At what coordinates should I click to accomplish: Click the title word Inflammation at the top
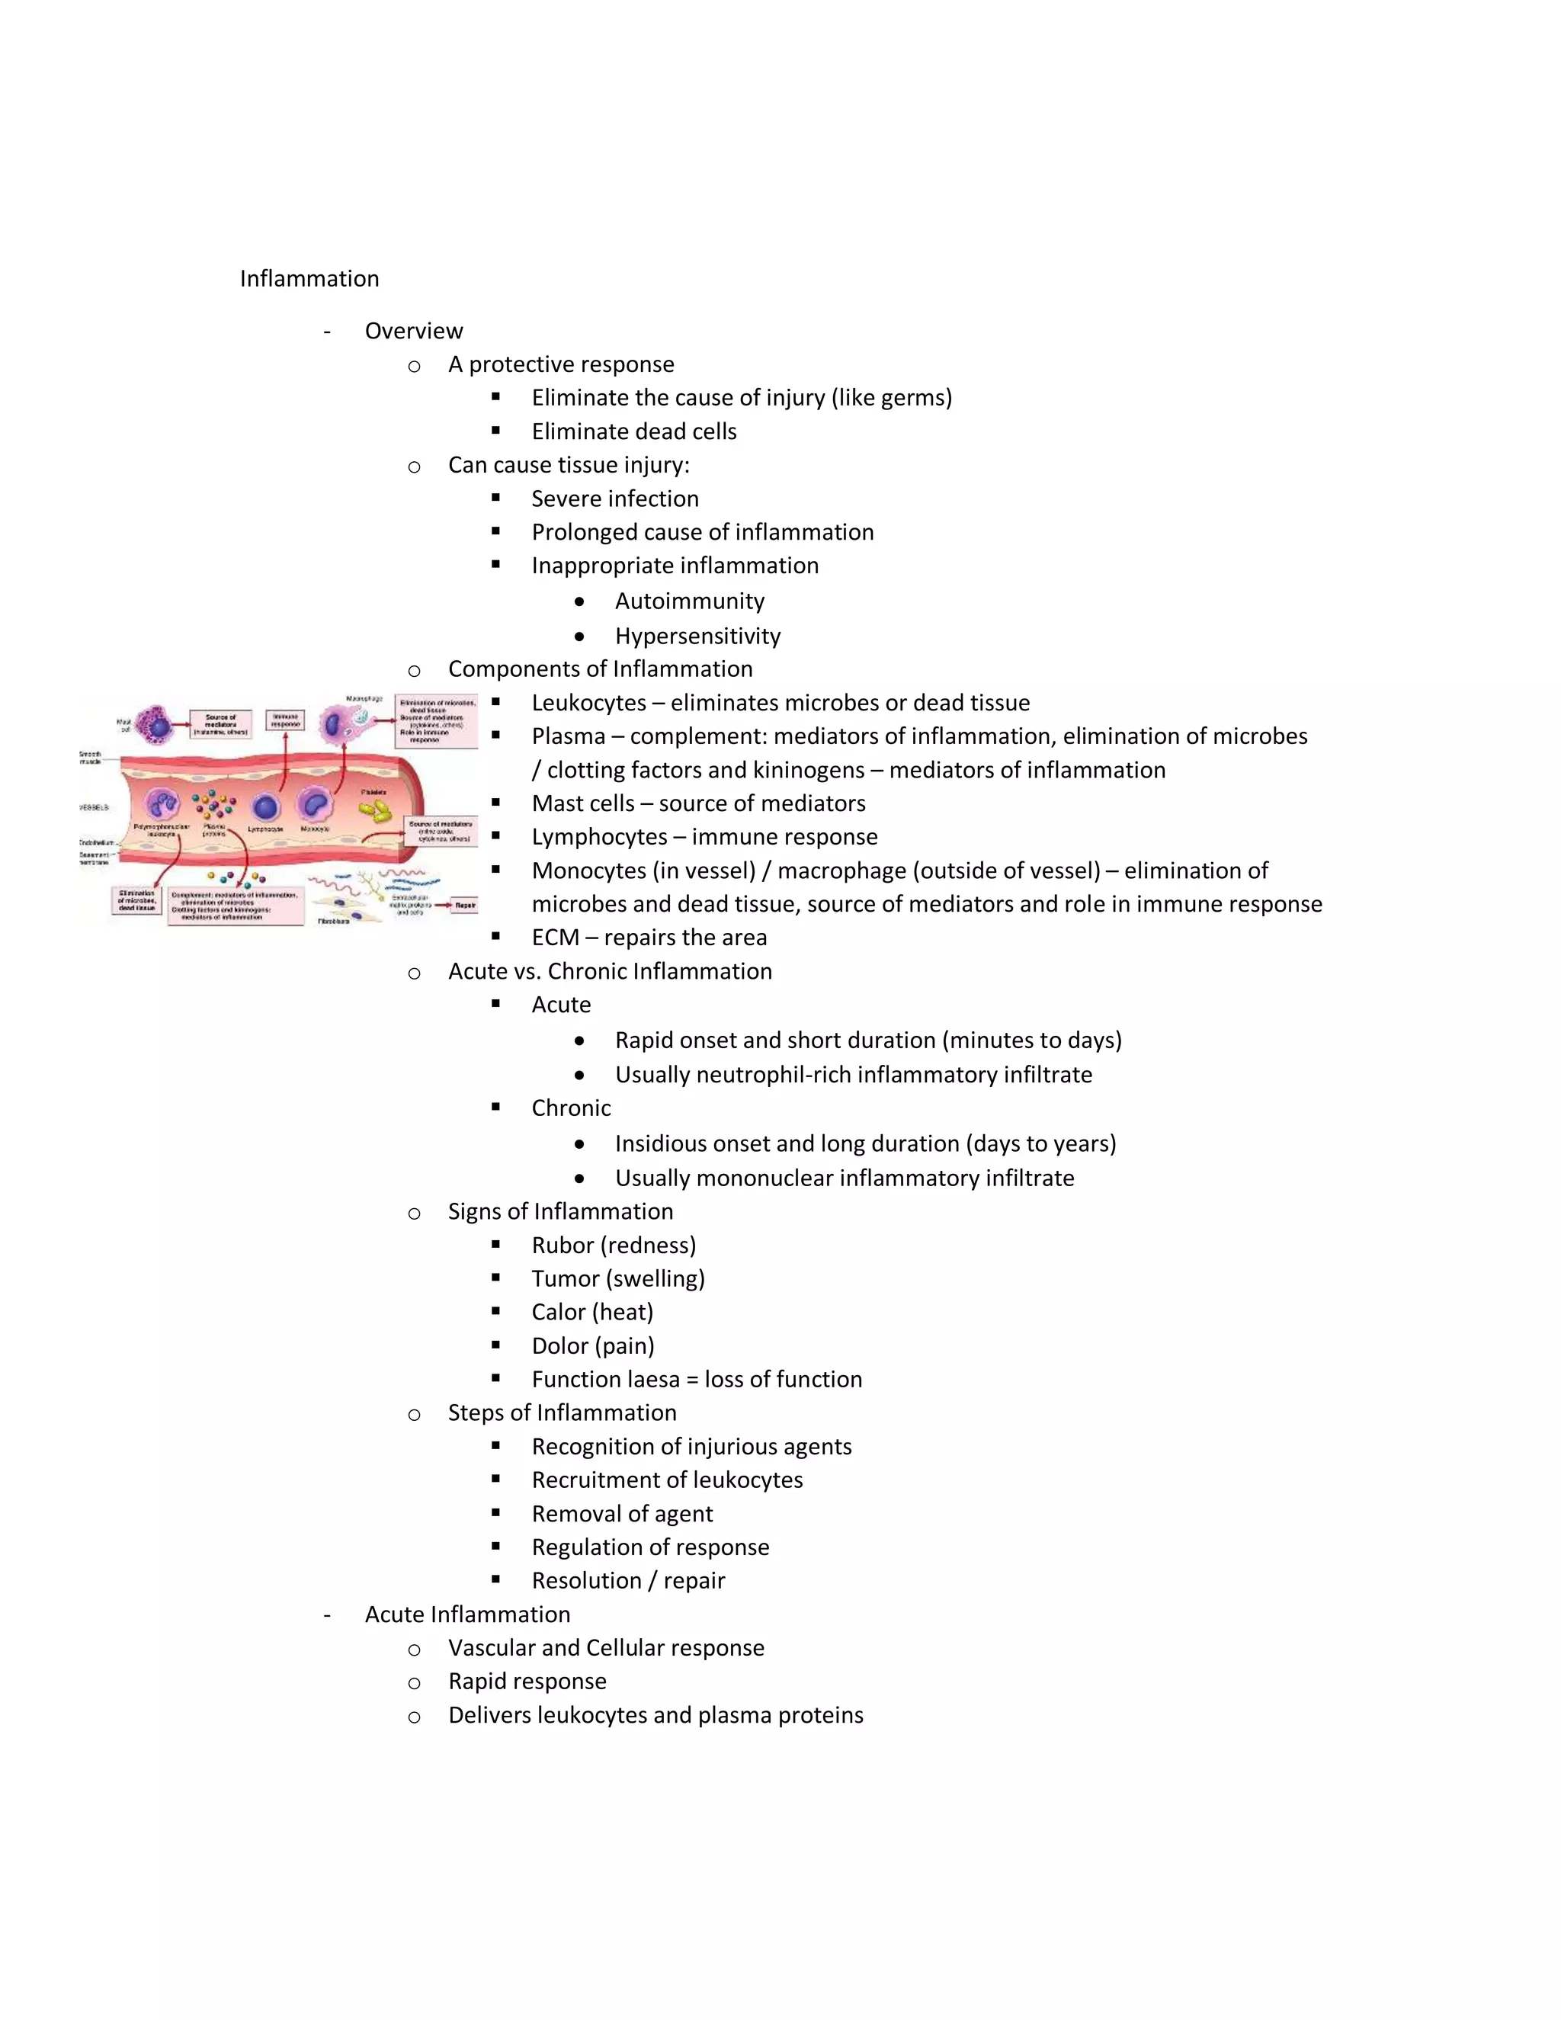point(309,278)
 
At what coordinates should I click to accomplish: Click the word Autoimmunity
point(689,601)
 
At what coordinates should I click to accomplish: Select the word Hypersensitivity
point(697,636)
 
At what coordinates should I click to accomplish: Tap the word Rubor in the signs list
point(563,1245)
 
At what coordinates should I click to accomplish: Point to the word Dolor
point(559,1345)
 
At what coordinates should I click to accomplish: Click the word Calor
point(559,1313)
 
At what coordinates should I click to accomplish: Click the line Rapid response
point(527,1682)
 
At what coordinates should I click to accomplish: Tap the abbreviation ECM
point(555,938)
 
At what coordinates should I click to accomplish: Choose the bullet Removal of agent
point(621,1514)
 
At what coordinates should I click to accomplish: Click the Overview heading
point(413,331)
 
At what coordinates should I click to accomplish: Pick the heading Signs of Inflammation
point(560,1212)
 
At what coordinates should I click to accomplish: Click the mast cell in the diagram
point(158,724)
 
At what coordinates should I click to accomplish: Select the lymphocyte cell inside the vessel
point(265,807)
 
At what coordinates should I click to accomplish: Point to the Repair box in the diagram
point(464,906)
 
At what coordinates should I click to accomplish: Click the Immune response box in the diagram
point(285,720)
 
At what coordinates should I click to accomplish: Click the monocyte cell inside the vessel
point(316,803)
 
